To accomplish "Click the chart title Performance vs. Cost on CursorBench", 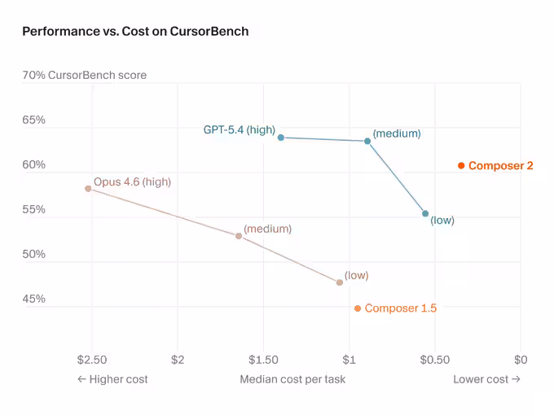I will [x=135, y=32].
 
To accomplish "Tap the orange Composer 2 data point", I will [x=461, y=165].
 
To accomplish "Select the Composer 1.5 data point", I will [x=358, y=308].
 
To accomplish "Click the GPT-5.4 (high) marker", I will [x=281, y=138].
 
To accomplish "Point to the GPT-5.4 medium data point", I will [x=367, y=141].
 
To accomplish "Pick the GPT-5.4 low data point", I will [x=425, y=214].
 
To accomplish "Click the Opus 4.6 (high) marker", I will [x=88, y=188].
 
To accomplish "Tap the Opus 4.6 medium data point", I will [x=239, y=236].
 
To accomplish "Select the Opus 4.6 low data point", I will [x=340, y=282].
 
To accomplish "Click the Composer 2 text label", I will [x=501, y=165].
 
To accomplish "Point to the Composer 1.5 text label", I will [x=401, y=308].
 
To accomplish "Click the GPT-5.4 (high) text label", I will [x=239, y=129].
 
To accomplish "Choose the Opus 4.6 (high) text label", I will [x=132, y=181].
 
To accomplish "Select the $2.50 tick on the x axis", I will [x=91, y=360].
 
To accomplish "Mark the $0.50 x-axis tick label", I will [x=434, y=360].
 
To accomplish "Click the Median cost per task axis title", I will [x=292, y=379].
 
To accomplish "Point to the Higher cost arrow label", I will [x=112, y=379].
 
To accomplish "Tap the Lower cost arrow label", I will [x=486, y=379].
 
